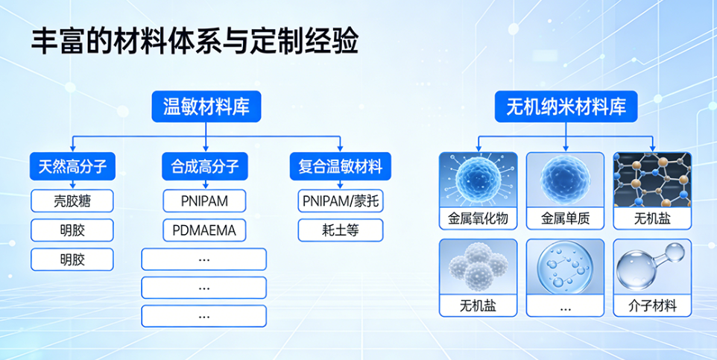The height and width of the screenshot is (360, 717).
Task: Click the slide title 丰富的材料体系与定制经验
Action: point(195,42)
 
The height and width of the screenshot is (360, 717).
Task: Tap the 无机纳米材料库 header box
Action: point(566,107)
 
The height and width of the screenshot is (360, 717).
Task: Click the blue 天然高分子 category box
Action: point(73,166)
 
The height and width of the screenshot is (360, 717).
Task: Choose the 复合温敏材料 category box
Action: point(340,166)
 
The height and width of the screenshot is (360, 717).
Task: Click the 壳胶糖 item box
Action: point(72,200)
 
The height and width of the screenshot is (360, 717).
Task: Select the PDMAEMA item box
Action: point(204,230)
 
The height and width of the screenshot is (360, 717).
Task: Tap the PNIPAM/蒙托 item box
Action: point(340,200)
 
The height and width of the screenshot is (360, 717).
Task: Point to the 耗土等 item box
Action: point(340,230)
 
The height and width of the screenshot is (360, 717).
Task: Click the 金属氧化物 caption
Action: point(478,219)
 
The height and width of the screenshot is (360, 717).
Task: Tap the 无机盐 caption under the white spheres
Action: point(478,306)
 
